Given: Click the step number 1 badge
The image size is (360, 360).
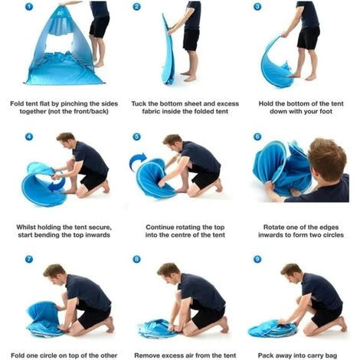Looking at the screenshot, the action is (x=29, y=7).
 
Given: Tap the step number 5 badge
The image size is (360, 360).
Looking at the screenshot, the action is (x=136, y=136).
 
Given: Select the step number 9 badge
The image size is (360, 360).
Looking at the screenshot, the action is (x=257, y=259).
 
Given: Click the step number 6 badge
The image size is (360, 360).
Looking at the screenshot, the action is (x=257, y=136).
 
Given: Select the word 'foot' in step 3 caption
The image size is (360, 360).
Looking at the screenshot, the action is (x=326, y=111).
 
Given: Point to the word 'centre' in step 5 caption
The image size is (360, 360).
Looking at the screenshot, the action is (x=190, y=234).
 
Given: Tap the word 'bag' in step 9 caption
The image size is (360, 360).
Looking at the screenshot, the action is (x=332, y=355).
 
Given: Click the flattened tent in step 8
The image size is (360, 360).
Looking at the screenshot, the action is (x=156, y=329).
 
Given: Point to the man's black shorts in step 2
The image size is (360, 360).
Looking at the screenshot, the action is (x=191, y=40).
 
